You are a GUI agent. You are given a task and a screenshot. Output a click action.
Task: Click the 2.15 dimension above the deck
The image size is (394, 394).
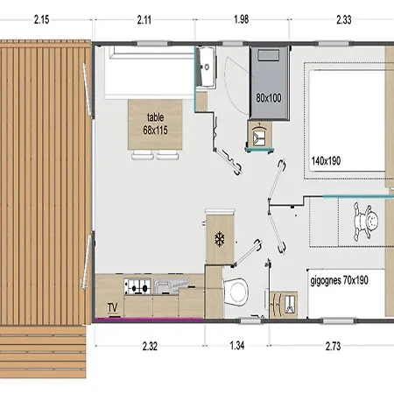41,20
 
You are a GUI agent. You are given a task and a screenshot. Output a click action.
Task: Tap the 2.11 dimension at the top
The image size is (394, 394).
144,20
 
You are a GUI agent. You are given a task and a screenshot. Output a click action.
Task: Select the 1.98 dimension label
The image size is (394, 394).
242,19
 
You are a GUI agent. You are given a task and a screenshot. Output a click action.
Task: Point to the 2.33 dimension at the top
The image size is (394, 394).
344,20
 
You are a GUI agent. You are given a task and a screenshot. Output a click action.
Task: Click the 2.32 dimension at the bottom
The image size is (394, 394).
150,346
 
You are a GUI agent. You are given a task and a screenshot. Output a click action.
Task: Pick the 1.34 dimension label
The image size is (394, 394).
237,346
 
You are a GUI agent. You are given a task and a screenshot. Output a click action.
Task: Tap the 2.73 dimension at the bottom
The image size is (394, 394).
333,346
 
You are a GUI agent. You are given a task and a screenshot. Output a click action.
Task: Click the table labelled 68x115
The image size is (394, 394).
155,124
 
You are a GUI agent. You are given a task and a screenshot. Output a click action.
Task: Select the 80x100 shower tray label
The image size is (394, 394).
269,98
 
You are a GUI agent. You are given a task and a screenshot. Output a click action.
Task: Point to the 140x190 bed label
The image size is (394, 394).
326,161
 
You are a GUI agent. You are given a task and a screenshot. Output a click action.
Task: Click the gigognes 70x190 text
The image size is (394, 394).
339,280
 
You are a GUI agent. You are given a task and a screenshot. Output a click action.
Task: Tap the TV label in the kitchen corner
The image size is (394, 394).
113,307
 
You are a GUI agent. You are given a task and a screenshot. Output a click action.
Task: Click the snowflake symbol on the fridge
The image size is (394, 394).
220,239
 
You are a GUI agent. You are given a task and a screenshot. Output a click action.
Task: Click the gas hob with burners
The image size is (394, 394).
137,286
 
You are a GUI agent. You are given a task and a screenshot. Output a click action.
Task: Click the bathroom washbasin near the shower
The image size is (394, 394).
207,67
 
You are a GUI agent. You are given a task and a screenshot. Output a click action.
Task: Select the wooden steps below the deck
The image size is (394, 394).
43,352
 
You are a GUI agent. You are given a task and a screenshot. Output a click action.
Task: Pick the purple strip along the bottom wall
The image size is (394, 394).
149,320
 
